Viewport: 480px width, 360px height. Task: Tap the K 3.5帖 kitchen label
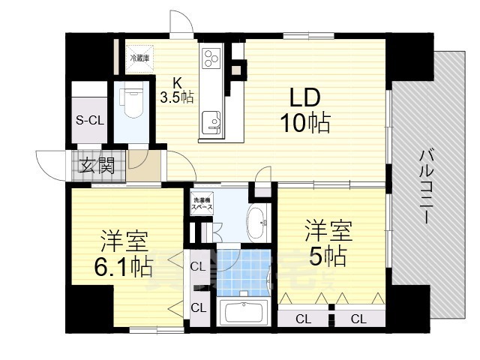pyautogui.click(x=177, y=90)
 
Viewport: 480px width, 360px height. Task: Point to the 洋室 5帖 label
pyautogui.click(x=324, y=243)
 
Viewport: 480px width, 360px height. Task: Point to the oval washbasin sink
pyautogui.click(x=256, y=222)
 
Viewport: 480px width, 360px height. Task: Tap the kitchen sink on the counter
pyautogui.click(x=210, y=120)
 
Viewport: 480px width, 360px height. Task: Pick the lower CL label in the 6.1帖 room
pyautogui.click(x=198, y=307)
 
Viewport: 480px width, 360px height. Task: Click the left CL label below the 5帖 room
pyautogui.click(x=303, y=319)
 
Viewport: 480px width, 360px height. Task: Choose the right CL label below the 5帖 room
pyautogui.click(x=358, y=319)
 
